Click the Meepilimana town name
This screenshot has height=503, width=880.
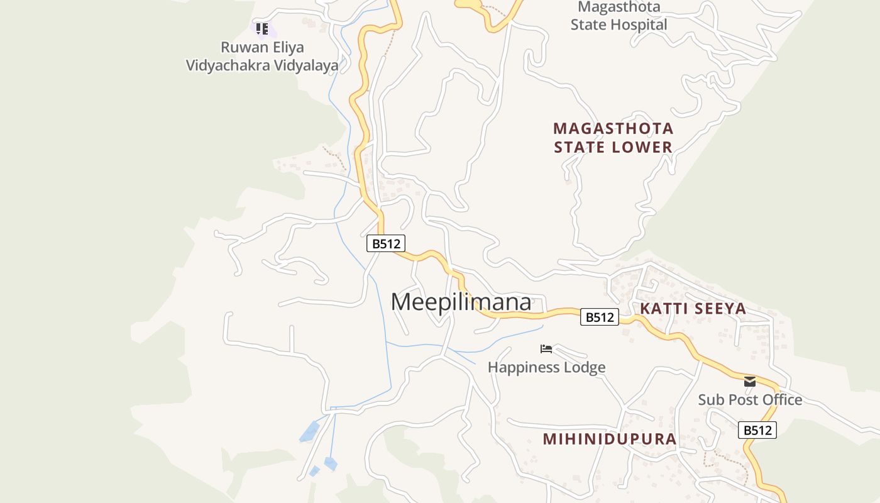[x=461, y=302]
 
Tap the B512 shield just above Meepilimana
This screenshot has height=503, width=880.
[x=386, y=243]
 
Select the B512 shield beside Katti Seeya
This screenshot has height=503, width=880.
[x=599, y=317]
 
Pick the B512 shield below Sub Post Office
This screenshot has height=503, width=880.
[x=757, y=430]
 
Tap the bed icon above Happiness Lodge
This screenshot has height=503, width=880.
[x=546, y=349]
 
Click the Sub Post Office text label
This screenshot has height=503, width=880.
[x=750, y=400]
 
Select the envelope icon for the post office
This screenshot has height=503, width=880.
[x=750, y=382]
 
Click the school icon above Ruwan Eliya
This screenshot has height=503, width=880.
[x=262, y=28]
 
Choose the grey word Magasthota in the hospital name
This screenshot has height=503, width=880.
[x=619, y=8]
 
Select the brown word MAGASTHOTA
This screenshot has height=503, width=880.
[x=613, y=128]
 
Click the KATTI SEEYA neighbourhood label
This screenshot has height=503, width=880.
[x=693, y=309]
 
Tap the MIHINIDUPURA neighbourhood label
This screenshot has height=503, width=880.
[x=609, y=439]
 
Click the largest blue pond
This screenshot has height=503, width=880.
[x=309, y=432]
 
